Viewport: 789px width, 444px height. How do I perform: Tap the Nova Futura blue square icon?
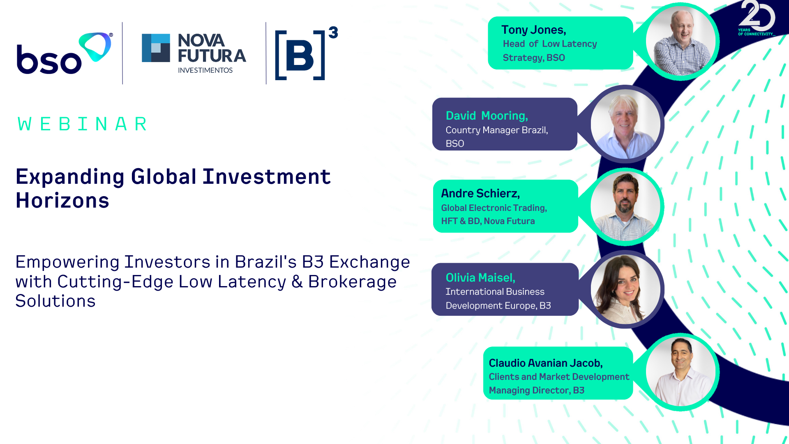pyautogui.click(x=156, y=48)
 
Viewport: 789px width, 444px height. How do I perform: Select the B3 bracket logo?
pyautogui.click(x=306, y=53)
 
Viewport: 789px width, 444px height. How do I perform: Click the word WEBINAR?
pyautogui.click(x=82, y=124)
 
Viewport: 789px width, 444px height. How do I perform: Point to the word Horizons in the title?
pyautogui.click(x=62, y=201)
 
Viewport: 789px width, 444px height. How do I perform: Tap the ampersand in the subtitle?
pyautogui.click(x=297, y=282)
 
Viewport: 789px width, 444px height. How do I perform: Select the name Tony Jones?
pyautogui.click(x=534, y=30)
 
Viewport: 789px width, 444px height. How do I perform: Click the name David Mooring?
pyautogui.click(x=487, y=116)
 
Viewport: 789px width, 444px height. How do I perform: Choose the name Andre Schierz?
pyautogui.click(x=480, y=193)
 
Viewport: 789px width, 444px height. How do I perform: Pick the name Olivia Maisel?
pyautogui.click(x=480, y=278)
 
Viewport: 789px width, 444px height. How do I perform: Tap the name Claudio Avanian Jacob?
pyautogui.click(x=546, y=363)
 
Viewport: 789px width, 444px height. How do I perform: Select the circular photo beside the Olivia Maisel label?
pyautogui.click(x=625, y=289)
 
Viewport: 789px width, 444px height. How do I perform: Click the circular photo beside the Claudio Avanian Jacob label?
pyautogui.click(x=681, y=372)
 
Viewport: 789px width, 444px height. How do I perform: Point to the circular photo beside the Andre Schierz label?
pyautogui.click(x=625, y=206)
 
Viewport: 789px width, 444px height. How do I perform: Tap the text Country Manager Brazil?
pyautogui.click(x=497, y=130)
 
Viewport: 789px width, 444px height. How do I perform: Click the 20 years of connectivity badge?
pyautogui.click(x=757, y=18)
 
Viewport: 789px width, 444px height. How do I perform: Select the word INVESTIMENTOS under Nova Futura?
pyautogui.click(x=205, y=70)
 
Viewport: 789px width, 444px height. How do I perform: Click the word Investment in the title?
pyautogui.click(x=266, y=177)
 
